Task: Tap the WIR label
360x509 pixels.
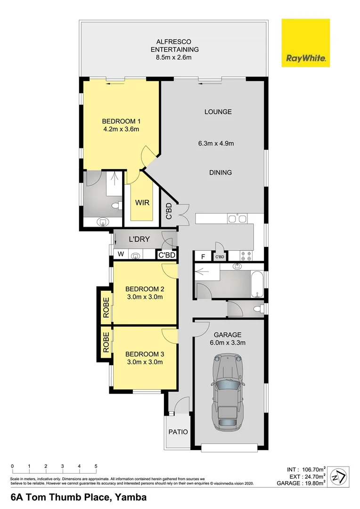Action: point(142,203)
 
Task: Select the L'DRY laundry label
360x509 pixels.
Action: point(139,239)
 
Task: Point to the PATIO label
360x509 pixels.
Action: point(178,432)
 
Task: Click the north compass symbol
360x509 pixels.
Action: point(339,477)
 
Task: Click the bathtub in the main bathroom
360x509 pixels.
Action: point(257,283)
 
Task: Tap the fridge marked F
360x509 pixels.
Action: point(203,257)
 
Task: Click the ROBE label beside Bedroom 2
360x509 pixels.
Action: point(106,306)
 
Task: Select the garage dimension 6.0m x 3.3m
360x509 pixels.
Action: point(229,343)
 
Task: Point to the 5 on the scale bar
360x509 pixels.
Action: point(96,466)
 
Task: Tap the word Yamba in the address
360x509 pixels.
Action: point(130,497)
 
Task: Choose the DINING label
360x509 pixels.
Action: point(221,172)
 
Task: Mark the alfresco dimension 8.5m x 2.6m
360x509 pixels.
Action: point(174,57)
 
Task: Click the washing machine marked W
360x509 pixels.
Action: point(121,255)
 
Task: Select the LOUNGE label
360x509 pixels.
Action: point(218,112)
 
